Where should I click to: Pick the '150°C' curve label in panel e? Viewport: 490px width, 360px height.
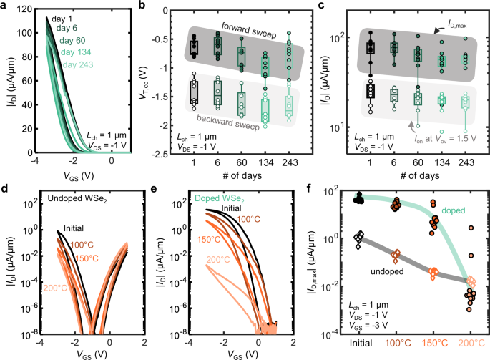click(x=210, y=238)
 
